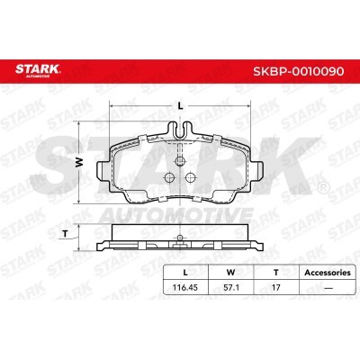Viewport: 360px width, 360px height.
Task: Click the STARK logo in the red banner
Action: pyautogui.click(x=38, y=70)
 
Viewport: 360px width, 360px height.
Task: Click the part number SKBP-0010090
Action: pyautogui.click(x=299, y=71)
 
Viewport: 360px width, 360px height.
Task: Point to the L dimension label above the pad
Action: pyautogui.click(x=180, y=105)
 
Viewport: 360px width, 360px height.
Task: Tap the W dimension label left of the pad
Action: pyautogui.click(x=79, y=162)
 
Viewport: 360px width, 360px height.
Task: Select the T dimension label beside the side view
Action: pyautogui.click(x=65, y=234)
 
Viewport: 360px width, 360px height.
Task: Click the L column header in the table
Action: pyautogui.click(x=185, y=273)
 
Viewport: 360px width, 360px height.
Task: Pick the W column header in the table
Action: pyautogui.click(x=230, y=273)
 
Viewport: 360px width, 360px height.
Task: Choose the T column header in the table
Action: pyautogui.click(x=275, y=273)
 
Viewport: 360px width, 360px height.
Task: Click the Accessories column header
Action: pyautogui.click(x=328, y=273)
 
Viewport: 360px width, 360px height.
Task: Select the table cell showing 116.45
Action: pyautogui.click(x=185, y=287)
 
